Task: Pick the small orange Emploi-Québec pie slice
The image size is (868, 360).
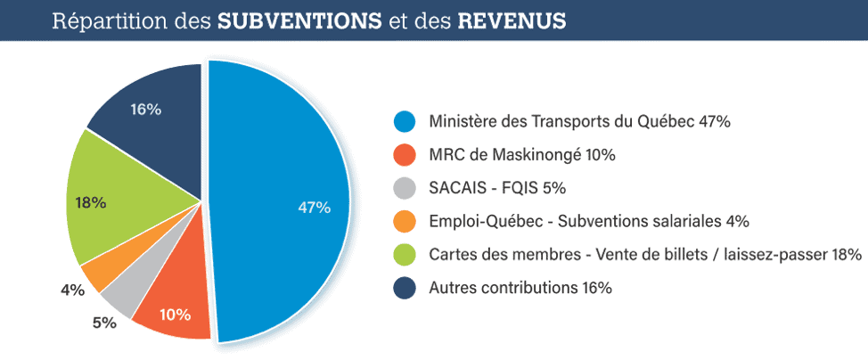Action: [96, 273]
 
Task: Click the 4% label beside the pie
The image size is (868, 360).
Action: [72, 290]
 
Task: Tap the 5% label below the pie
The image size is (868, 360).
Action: [104, 323]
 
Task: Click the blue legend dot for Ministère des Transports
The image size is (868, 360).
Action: [405, 121]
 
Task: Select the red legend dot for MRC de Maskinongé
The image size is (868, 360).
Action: [405, 154]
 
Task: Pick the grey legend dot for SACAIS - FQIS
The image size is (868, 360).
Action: [405, 188]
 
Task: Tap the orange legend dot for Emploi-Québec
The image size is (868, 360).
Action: [405, 221]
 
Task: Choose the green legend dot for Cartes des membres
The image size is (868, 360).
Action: [405, 255]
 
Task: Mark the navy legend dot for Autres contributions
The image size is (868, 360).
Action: [405, 288]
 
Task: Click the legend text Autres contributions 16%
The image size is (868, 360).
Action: [520, 288]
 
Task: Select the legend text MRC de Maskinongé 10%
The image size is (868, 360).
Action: [521, 155]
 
